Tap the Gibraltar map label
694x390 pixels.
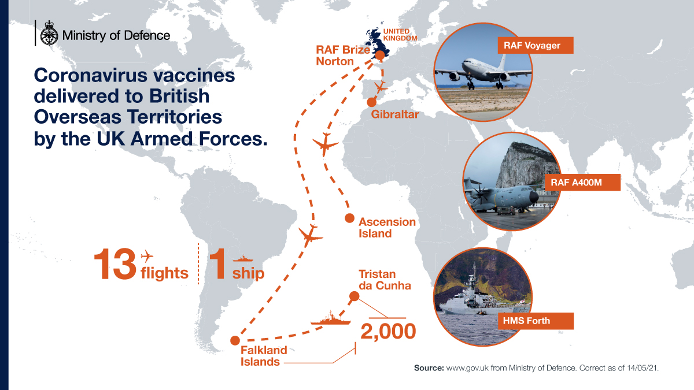point(395,114)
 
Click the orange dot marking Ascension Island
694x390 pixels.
point(349,218)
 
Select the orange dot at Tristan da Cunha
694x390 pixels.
point(355,297)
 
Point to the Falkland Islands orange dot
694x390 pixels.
point(234,340)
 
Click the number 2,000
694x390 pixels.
point(388,331)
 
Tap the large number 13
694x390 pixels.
point(115,265)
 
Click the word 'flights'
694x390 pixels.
point(165,273)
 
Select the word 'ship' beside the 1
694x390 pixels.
point(248,273)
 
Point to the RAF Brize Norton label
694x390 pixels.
point(342,55)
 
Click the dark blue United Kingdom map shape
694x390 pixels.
point(374,43)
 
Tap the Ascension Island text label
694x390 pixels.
point(387,228)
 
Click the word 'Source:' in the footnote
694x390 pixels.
point(429,367)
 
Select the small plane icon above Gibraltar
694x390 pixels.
point(380,87)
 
